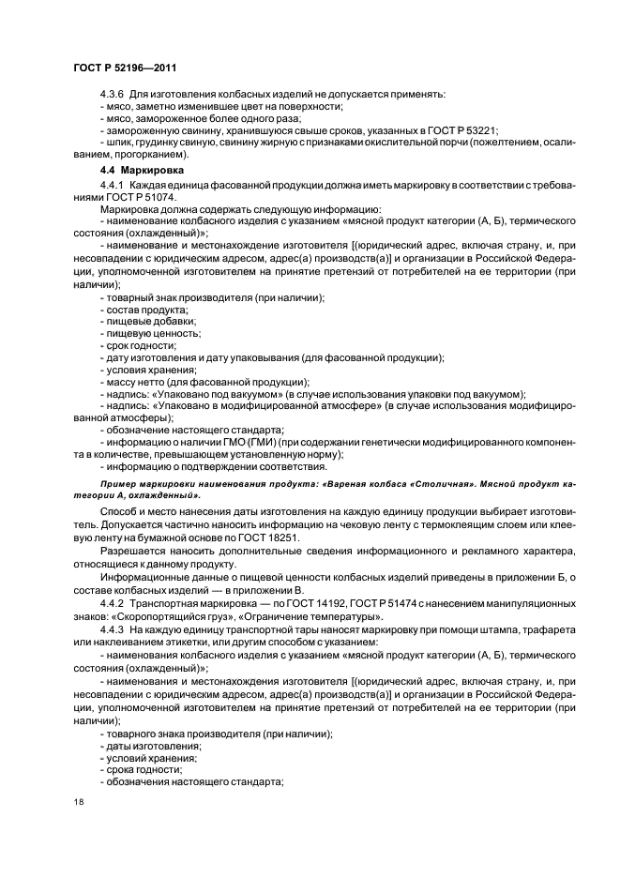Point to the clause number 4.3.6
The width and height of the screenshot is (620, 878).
[113, 94]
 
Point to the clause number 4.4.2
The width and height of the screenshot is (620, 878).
[113, 605]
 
